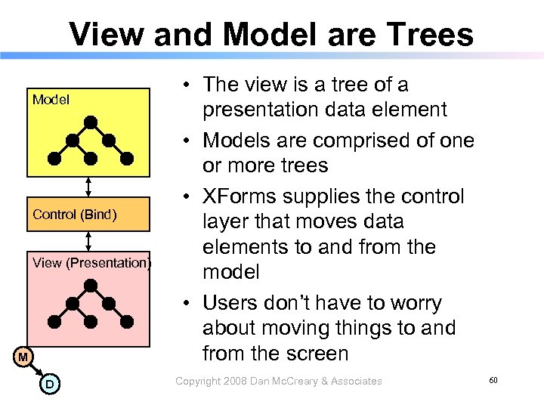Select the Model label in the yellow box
(x=51, y=100)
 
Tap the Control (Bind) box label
(x=75, y=215)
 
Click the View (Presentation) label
(x=91, y=263)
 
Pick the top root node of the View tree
(x=91, y=284)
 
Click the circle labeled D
(x=48, y=385)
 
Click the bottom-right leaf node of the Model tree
(x=127, y=158)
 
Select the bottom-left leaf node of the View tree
(x=54, y=321)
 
